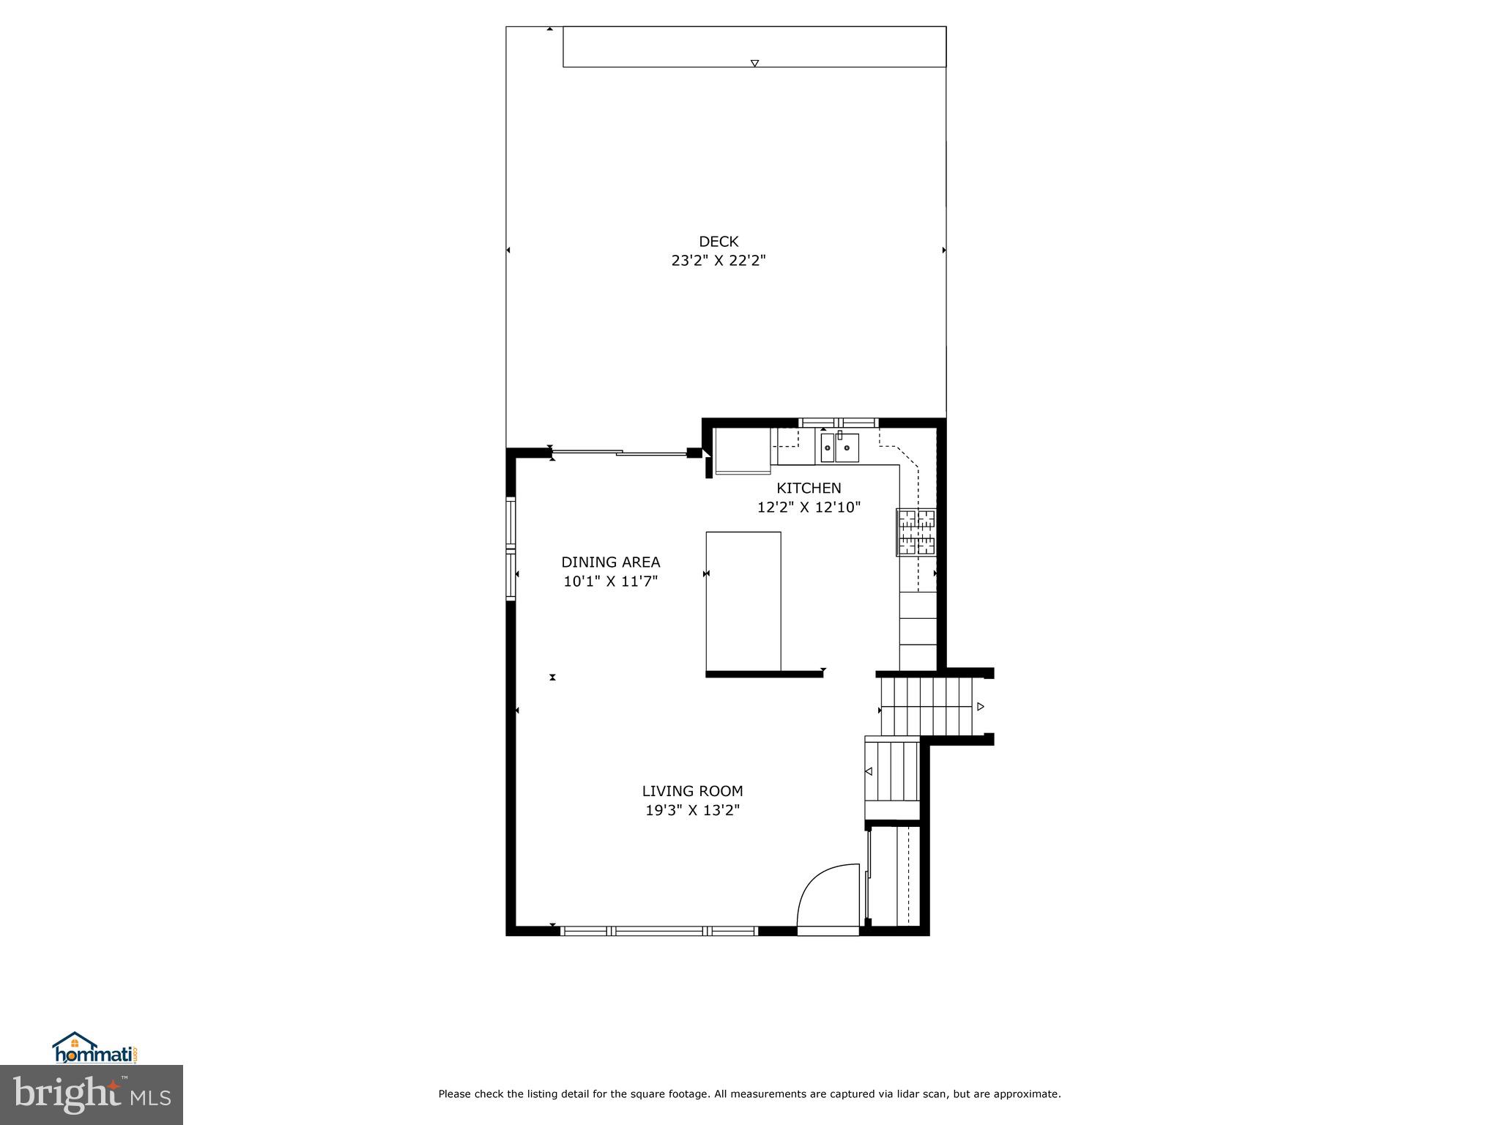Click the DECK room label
pyautogui.click(x=719, y=242)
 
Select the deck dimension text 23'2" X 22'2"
pyautogui.click(x=719, y=261)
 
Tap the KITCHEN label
pyautogui.click(x=809, y=488)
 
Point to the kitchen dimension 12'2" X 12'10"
pyautogui.click(x=809, y=507)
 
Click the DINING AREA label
pyautogui.click(x=611, y=562)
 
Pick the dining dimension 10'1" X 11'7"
pyautogui.click(x=611, y=582)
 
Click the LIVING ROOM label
pyautogui.click(x=692, y=791)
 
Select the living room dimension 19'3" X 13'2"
pyautogui.click(x=692, y=810)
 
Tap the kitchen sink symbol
pyautogui.click(x=839, y=447)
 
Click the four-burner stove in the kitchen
pyautogui.click(x=916, y=532)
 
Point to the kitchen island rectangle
pyautogui.click(x=743, y=601)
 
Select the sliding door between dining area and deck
pyautogui.click(x=620, y=453)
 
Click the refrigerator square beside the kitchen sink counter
pyautogui.click(x=743, y=451)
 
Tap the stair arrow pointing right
pyautogui.click(x=980, y=707)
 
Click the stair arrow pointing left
pyautogui.click(x=869, y=771)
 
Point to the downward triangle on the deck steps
pyautogui.click(x=754, y=63)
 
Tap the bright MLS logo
pyautogui.click(x=92, y=1095)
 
